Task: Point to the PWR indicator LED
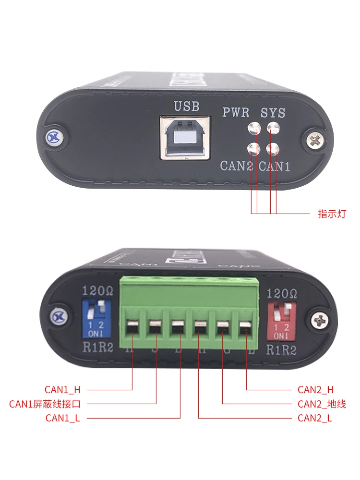253,129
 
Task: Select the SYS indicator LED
273,129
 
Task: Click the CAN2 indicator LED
253,148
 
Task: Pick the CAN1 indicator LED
273,148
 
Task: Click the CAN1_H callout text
62,390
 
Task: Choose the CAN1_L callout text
62,418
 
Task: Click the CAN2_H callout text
315,390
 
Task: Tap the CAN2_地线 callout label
321,404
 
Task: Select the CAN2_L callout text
315,418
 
